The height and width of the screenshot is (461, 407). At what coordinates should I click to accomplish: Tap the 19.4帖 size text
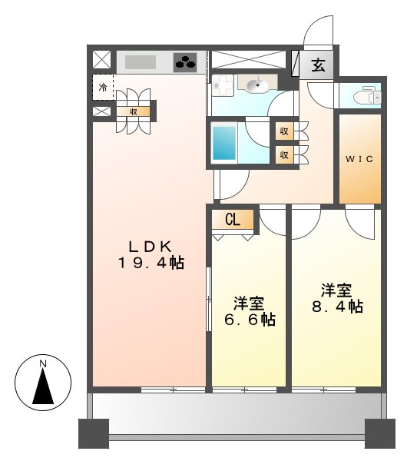150,263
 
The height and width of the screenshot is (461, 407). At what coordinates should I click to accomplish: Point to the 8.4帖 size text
337,307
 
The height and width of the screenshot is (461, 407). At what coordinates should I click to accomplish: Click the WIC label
359,159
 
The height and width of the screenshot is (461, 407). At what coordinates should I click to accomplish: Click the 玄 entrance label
318,65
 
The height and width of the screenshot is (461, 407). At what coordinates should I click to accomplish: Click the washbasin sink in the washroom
257,84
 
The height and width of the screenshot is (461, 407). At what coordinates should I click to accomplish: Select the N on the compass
44,363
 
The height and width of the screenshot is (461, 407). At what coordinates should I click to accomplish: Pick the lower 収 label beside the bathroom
284,154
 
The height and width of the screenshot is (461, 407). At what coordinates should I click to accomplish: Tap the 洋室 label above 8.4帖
336,290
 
